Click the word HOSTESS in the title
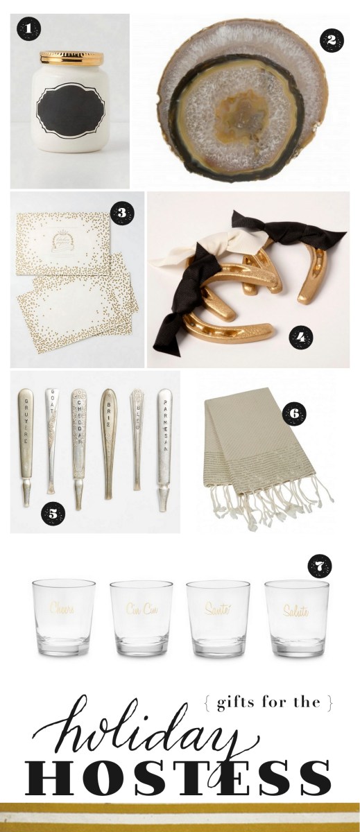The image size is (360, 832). pos(179,772)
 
